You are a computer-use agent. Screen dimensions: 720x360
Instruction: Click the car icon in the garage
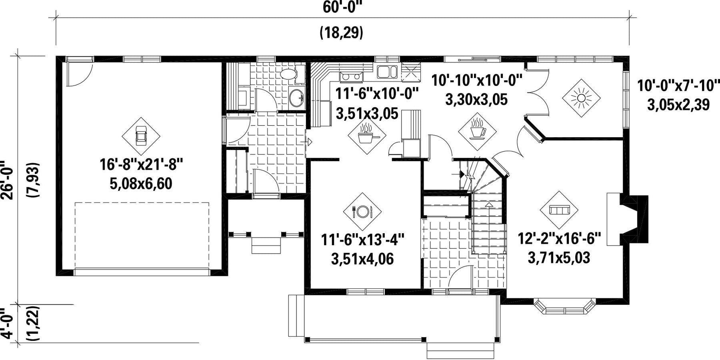click(x=141, y=136)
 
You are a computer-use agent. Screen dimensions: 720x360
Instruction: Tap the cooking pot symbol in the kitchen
click(x=366, y=135)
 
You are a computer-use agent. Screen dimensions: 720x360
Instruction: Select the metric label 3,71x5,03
click(x=559, y=258)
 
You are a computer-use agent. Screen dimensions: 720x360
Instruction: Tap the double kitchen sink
click(x=387, y=72)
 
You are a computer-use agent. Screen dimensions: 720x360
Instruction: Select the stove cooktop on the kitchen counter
click(x=350, y=76)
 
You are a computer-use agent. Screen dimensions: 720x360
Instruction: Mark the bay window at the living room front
click(x=564, y=307)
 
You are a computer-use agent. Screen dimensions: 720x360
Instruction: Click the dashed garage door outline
click(x=142, y=235)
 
